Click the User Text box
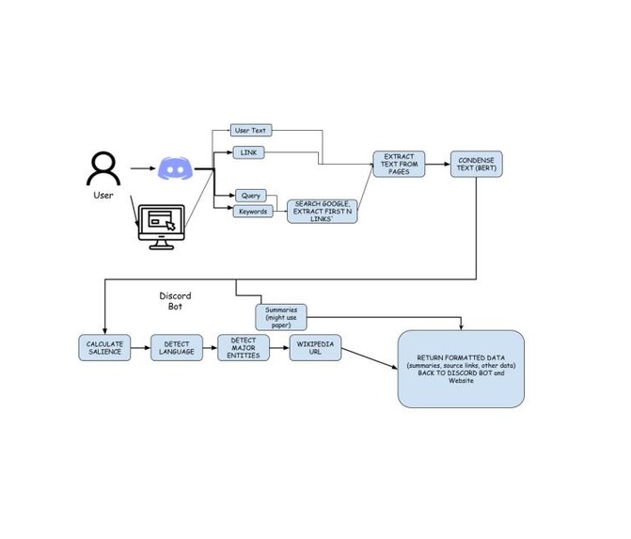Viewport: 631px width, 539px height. [x=251, y=131]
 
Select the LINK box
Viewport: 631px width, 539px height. [x=249, y=152]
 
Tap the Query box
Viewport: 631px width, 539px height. [x=251, y=196]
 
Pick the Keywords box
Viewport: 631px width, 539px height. [x=252, y=212]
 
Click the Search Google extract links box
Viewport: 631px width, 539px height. [x=323, y=211]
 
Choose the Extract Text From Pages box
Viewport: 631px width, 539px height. [x=399, y=164]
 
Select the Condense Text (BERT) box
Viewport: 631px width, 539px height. [x=476, y=165]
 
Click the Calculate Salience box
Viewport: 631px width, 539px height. [x=104, y=348]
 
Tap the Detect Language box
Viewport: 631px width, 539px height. [x=177, y=348]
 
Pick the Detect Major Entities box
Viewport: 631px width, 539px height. [x=244, y=348]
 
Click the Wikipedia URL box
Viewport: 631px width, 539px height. [x=315, y=348]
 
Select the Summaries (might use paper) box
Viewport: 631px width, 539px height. [x=281, y=316]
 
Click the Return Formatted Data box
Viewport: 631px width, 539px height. [x=461, y=369]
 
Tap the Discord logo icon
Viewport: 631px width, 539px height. [x=174, y=169]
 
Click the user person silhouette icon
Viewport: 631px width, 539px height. [x=103, y=169]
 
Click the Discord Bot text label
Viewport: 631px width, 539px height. [x=175, y=301]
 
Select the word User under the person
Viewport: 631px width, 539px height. [x=103, y=196]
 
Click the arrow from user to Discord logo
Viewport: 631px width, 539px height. [x=141, y=169]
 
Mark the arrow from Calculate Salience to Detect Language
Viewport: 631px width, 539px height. [x=140, y=348]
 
